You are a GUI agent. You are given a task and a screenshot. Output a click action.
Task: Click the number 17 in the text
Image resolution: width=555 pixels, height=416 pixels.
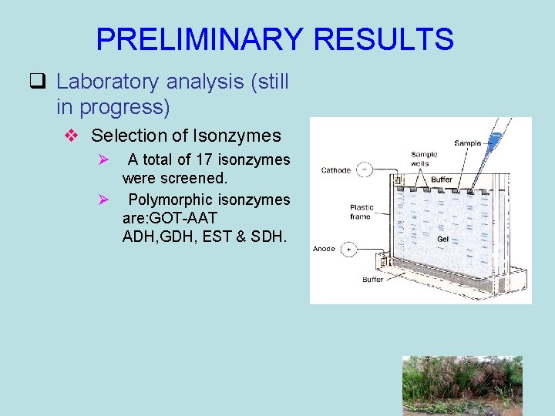pos(203,159)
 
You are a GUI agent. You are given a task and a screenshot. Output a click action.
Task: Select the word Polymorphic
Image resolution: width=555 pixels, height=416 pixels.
pos(170,200)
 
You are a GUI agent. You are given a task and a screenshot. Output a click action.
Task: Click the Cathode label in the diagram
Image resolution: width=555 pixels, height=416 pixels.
pos(336,170)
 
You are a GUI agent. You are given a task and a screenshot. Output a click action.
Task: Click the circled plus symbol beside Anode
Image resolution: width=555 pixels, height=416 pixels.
pos(348,249)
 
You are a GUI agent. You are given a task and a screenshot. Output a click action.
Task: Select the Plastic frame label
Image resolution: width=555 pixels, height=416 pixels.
pos(361,212)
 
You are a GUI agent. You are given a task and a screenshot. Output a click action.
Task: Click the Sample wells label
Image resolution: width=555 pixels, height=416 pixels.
pos(424,159)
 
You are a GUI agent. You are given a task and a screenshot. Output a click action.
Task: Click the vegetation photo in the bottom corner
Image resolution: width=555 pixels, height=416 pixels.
pos(462,385)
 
